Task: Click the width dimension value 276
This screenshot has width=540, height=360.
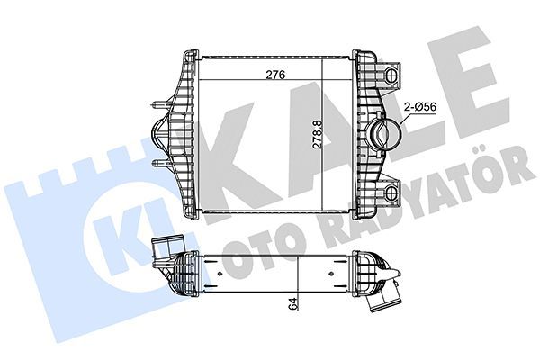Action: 263,76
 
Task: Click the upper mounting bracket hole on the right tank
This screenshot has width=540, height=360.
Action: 392,71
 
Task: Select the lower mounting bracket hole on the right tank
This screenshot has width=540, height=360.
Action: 392,190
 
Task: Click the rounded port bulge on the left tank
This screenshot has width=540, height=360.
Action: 158,134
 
